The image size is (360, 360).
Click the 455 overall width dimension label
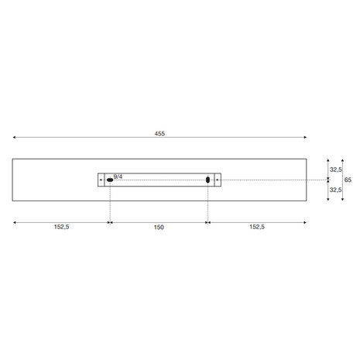[159, 133]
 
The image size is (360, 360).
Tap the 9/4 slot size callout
[118, 177]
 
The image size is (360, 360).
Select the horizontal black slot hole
[110, 180]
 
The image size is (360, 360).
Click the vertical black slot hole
[207, 180]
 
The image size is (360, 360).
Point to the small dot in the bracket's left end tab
[101, 180]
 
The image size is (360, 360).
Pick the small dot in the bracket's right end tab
[218, 180]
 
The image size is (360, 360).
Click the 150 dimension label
[159, 227]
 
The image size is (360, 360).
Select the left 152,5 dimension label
[61, 227]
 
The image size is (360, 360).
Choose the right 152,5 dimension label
[257, 227]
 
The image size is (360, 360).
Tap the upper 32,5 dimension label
[335, 170]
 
